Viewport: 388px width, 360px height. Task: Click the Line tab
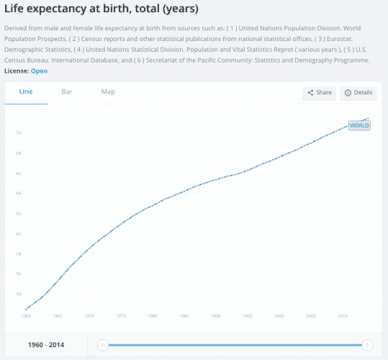click(25, 92)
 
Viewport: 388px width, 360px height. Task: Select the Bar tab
click(67, 92)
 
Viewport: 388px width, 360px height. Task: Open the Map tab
click(108, 92)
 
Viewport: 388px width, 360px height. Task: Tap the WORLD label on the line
click(358, 125)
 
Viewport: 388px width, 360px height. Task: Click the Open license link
click(39, 71)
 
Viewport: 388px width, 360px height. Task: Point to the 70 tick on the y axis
click(18, 133)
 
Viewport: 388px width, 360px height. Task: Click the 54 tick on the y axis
click(18, 294)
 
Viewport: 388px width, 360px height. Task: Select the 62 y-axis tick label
click(18, 214)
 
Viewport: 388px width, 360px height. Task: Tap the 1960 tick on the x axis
click(26, 316)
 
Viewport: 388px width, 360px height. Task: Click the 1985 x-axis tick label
click(184, 316)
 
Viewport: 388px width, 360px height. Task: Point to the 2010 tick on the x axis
click(343, 316)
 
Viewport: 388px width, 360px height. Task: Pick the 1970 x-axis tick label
click(89, 316)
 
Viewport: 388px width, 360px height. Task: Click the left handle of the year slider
click(103, 345)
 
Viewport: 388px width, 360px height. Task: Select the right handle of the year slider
click(368, 345)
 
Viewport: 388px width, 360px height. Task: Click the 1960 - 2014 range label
click(45, 345)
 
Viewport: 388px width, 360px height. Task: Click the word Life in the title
click(17, 9)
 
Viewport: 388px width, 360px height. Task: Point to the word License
click(17, 71)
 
